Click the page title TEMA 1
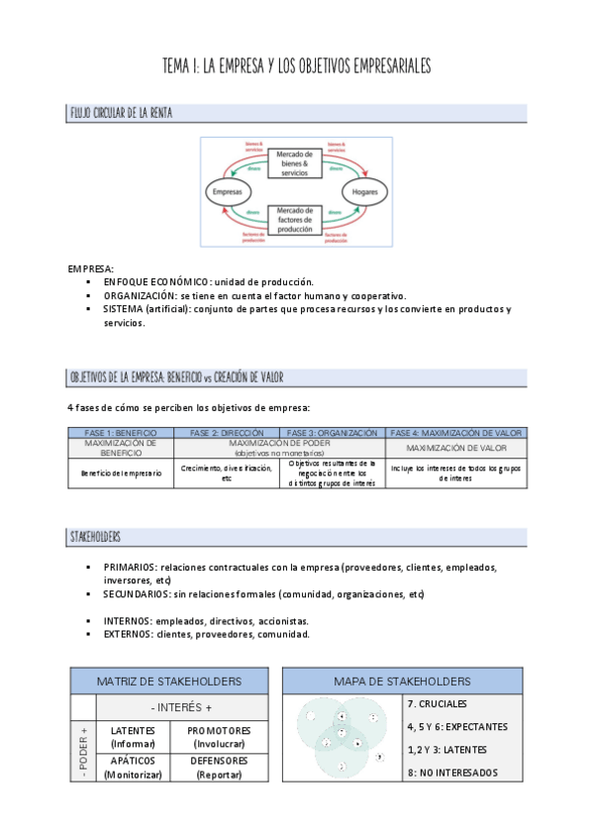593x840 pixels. tap(296, 67)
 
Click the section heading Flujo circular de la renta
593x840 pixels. tap(121, 113)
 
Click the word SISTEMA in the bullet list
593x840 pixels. tap(123, 309)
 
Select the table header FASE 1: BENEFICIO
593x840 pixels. tap(121, 433)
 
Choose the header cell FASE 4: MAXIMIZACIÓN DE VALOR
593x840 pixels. tap(456, 433)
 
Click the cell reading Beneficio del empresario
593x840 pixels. tap(121, 472)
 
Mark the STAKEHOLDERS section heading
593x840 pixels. tap(95, 536)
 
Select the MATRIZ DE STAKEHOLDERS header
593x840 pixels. tap(168, 682)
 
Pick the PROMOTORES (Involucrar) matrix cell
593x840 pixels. tap(218, 737)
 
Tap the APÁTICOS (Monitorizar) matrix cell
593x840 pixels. tap(133, 768)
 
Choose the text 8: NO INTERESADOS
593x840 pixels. tap(451, 773)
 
